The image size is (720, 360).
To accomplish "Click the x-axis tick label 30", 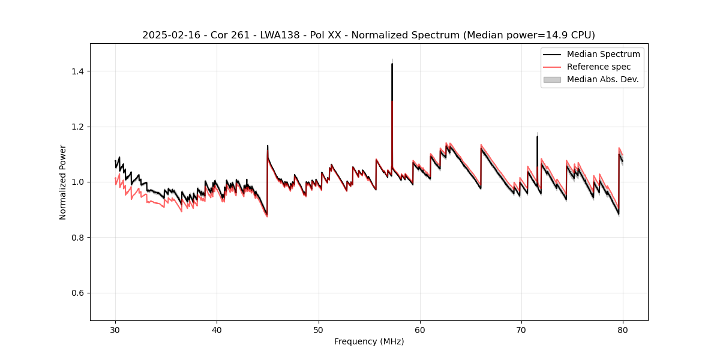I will [x=115, y=330].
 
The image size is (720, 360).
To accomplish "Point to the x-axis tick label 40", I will [x=217, y=330].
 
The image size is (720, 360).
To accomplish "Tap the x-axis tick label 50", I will [x=318, y=330].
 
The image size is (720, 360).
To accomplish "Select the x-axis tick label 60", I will [x=420, y=330].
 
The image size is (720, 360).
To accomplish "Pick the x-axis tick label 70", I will [x=521, y=330].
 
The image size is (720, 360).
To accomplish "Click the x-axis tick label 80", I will [x=623, y=330].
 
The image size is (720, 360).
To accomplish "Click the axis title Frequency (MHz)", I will [x=369, y=341].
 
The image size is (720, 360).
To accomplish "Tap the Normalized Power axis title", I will [x=63, y=182].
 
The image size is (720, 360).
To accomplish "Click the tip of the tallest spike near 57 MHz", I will [x=392, y=64].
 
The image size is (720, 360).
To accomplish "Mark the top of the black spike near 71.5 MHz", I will [x=537, y=137].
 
